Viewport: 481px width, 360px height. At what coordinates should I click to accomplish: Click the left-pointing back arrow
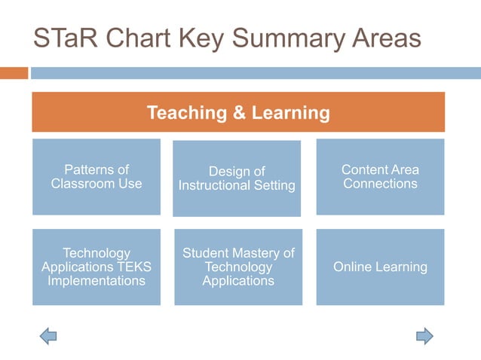pyautogui.click(x=48, y=336)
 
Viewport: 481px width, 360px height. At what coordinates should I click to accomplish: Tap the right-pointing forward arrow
pyautogui.click(x=424, y=336)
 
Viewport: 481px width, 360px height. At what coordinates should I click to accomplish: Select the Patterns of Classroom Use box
pyautogui.click(x=97, y=176)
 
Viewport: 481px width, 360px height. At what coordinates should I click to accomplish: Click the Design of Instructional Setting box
pyautogui.click(x=237, y=178)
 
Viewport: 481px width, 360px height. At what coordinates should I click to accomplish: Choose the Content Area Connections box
pyautogui.click(x=380, y=176)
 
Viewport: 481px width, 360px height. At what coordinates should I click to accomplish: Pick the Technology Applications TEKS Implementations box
pyautogui.click(x=97, y=267)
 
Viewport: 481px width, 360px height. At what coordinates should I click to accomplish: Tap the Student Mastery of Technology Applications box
pyautogui.click(x=238, y=267)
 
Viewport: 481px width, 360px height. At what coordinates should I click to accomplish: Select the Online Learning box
pyautogui.click(x=380, y=267)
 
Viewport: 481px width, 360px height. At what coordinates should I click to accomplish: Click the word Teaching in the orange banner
pyautogui.click(x=184, y=113)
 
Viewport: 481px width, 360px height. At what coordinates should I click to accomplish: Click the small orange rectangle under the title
pyautogui.click(x=14, y=73)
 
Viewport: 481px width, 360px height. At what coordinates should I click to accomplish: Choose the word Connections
pyautogui.click(x=380, y=183)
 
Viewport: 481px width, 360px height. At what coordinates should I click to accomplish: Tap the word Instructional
pyautogui.click(x=215, y=185)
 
